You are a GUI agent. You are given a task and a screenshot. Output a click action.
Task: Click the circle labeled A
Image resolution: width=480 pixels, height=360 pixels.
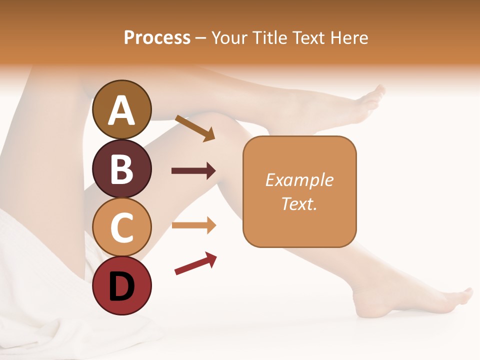122,110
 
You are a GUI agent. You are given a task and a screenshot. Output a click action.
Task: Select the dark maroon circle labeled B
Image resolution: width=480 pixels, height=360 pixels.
122,168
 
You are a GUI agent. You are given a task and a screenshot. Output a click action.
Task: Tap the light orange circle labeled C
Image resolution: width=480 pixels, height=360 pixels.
122,227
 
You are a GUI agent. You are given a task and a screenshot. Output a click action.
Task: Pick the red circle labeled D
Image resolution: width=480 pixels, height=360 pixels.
122,285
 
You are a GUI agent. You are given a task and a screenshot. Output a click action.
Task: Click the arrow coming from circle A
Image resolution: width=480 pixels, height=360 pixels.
195,128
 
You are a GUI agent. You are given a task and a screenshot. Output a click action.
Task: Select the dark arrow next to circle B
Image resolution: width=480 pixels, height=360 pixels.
193,171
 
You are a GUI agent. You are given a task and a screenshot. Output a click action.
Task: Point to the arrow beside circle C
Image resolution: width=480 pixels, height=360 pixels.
193,225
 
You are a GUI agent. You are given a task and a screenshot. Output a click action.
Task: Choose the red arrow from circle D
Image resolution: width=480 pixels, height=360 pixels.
195,263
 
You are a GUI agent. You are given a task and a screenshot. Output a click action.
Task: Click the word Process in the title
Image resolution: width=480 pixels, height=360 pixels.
157,37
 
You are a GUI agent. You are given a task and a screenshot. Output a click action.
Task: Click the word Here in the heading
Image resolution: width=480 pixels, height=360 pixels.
349,37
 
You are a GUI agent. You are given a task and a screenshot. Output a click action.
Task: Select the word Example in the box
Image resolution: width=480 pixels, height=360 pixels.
299,180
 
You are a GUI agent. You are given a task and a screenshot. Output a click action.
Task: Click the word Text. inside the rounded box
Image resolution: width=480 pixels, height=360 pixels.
299,203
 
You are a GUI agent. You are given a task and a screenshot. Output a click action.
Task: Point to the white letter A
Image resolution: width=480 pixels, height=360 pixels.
122,110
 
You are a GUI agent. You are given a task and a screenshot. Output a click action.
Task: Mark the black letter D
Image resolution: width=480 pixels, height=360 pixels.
122,286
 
